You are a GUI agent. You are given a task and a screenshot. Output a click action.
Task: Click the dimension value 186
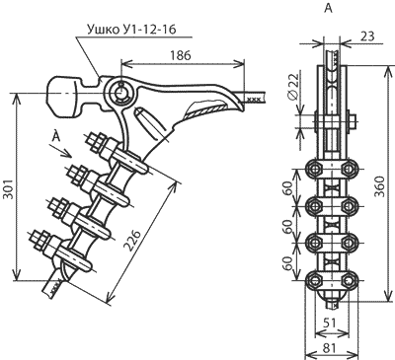tap(180, 55)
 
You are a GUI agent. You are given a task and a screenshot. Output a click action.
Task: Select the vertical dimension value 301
tap(7, 189)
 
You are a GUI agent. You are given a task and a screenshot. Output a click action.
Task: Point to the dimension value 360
tap(380, 186)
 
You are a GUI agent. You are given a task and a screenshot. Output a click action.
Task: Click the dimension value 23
tap(367, 36)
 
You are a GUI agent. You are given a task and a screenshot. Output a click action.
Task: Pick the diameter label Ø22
tap(292, 86)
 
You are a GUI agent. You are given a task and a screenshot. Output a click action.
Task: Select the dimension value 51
tap(329, 323)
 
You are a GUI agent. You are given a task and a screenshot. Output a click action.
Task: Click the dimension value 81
tap(330, 348)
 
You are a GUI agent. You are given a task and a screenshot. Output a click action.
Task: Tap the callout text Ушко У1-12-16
tap(131, 30)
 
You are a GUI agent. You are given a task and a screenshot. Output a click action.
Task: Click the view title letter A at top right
tap(329, 9)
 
